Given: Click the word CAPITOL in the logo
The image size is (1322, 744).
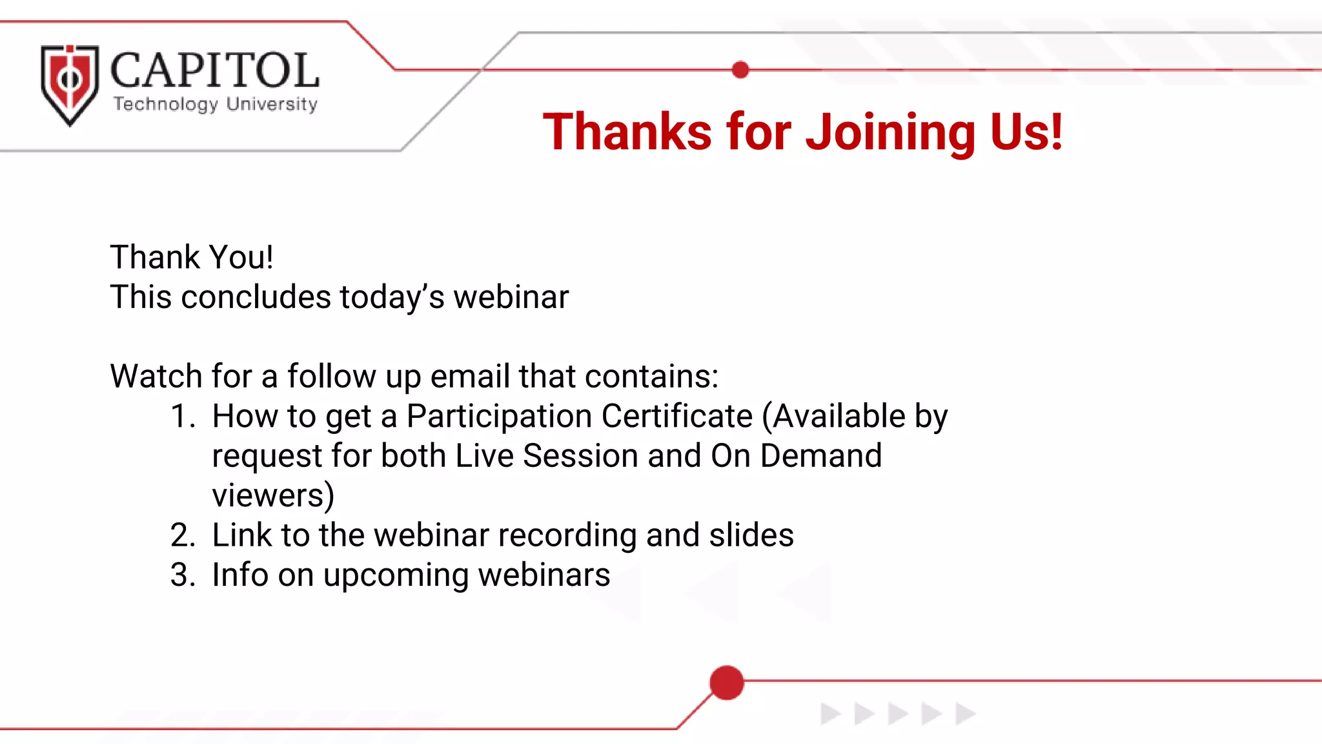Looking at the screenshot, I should pyautogui.click(x=214, y=70).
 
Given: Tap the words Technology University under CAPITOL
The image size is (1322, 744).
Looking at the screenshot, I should pyautogui.click(x=216, y=104).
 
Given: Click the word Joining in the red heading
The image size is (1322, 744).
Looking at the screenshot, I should pyautogui.click(x=890, y=132).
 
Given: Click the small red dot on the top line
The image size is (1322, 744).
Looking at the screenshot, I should pyautogui.click(x=740, y=70).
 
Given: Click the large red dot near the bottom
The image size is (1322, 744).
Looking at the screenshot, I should pyautogui.click(x=727, y=683).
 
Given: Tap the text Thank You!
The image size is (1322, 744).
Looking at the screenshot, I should pyautogui.click(x=192, y=257).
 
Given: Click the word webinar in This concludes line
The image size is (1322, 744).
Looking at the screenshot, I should pyautogui.click(x=511, y=297).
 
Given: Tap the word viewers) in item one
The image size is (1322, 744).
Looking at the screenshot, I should pyautogui.click(x=273, y=495).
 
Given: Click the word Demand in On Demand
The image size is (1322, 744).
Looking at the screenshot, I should pyautogui.click(x=820, y=456).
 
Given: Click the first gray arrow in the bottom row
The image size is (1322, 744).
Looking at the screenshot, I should pyautogui.click(x=829, y=714).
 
